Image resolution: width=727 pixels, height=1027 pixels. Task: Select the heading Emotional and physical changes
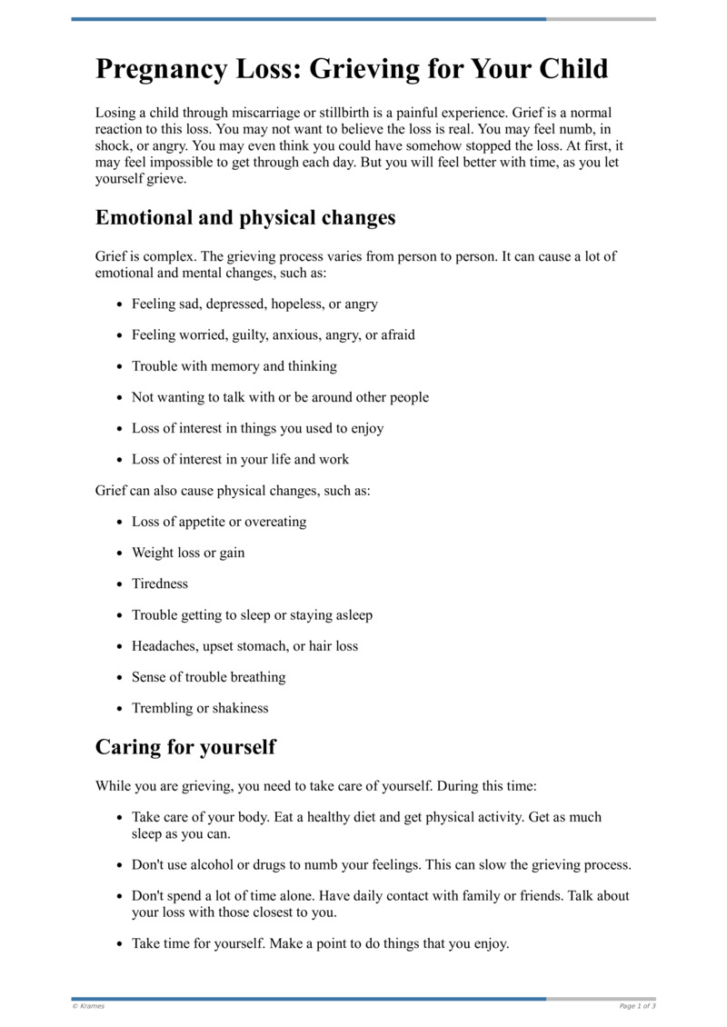[x=245, y=218]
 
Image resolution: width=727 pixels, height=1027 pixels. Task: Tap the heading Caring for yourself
[x=185, y=747]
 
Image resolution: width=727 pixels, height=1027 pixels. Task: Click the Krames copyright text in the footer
[x=88, y=1006]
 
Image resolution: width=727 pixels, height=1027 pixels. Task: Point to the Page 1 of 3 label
[x=637, y=1006]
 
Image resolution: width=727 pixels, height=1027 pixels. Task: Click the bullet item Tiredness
[x=160, y=584]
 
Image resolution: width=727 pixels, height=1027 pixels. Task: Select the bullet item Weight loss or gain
[x=188, y=553]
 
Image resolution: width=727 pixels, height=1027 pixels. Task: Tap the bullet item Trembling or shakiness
[x=200, y=708]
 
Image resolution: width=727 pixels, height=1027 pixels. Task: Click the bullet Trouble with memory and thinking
[x=234, y=366]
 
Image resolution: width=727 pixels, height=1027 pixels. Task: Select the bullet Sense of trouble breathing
[x=209, y=677]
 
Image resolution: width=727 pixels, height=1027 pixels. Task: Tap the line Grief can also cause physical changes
[x=233, y=491]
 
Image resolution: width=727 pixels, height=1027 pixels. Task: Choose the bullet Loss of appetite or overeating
[x=219, y=522]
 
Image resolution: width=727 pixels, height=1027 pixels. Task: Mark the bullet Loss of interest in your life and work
[x=240, y=460]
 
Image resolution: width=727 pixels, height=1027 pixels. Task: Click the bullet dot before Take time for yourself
[x=120, y=944]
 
